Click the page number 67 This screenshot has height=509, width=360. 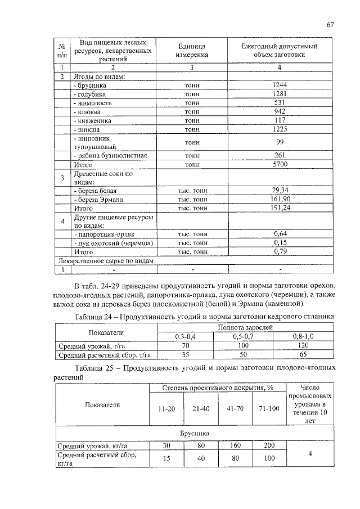pyautogui.click(x=330, y=24)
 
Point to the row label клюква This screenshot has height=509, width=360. pyautogui.click(x=87, y=112)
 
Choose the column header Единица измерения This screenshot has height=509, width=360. pyautogui.click(x=191, y=50)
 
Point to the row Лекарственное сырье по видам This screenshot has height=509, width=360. pyautogui.click(x=104, y=261)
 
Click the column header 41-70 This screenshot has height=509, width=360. pyautogui.click(x=235, y=408)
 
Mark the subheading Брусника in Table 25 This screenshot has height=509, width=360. pyautogui.click(x=195, y=434)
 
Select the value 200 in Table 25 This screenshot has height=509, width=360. pyautogui.click(x=269, y=445)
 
